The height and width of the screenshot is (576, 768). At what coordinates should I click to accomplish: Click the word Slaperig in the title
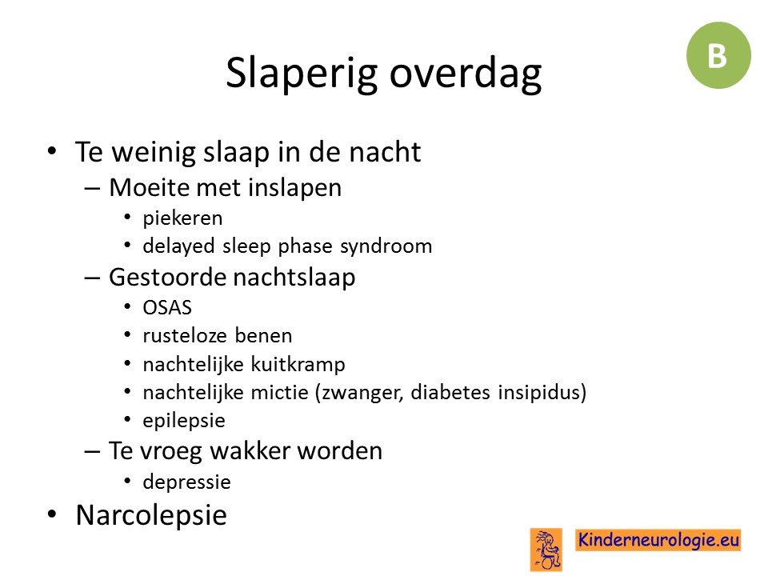click(x=302, y=74)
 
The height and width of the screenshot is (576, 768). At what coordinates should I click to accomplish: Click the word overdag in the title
click(x=466, y=74)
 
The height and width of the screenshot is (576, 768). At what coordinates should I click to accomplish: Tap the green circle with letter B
click(x=718, y=55)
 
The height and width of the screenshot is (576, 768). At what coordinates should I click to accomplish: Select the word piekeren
click(x=182, y=218)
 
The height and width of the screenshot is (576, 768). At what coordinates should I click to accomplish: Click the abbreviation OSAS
click(x=167, y=307)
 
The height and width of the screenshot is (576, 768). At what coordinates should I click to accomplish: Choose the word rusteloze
click(x=185, y=335)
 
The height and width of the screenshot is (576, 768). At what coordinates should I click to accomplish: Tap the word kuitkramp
click(x=298, y=365)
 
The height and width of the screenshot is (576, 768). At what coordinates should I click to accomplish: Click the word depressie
click(x=186, y=482)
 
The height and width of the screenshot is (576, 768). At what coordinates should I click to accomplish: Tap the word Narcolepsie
click(x=151, y=515)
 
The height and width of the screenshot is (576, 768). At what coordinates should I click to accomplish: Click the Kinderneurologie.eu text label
click(x=658, y=540)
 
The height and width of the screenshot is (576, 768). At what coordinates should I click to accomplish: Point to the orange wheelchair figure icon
click(x=546, y=550)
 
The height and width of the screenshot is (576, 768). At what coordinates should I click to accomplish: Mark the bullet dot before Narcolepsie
click(x=52, y=514)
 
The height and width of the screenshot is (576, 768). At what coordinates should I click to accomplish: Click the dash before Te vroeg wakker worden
click(x=92, y=451)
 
